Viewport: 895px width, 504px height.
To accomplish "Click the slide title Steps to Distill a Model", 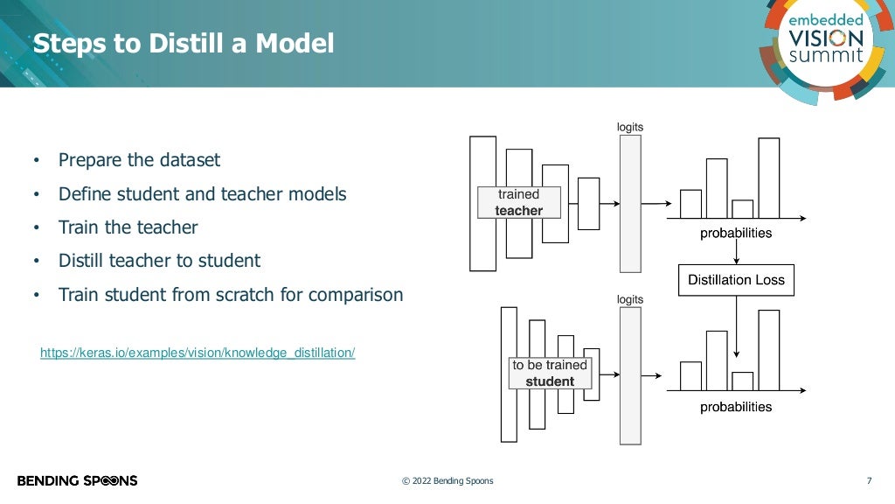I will point(184,43).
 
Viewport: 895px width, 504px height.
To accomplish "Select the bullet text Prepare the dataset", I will point(139,160).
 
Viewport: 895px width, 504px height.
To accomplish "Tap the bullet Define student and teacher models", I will point(202,194).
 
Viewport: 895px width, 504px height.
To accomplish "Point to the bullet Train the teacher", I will point(128,227).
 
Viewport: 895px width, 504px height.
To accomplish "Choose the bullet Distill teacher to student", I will point(159,261).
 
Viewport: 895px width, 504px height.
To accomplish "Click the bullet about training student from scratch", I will point(231,295).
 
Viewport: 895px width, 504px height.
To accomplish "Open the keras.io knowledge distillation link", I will point(198,353).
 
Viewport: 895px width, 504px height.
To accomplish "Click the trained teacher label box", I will point(518,202).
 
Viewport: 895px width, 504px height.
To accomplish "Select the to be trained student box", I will point(550,373).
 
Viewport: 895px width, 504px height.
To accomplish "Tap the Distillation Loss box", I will point(736,280).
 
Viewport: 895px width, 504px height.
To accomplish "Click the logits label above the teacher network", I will point(629,127).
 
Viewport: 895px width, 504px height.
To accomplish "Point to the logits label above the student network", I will point(629,299).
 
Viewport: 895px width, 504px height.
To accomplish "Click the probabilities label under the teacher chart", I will point(736,234).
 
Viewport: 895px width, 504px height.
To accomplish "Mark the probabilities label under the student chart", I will point(736,407).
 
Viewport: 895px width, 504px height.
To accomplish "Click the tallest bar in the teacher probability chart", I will point(768,178).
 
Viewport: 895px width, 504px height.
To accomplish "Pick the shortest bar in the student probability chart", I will point(742,381).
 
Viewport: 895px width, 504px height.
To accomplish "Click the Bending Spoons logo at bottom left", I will point(77,480).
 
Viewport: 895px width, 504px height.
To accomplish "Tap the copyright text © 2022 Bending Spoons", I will point(447,481).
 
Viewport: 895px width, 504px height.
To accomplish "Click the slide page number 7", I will point(869,480).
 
